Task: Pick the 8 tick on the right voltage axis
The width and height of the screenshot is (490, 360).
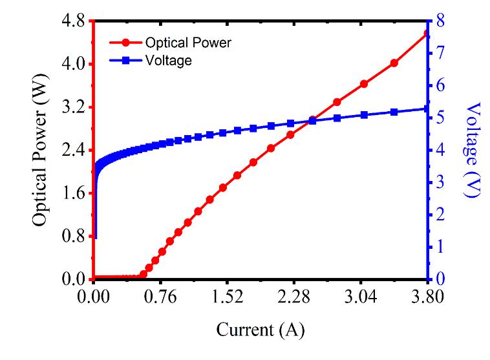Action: click(439, 21)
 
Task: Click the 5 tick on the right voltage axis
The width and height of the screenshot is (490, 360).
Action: click(439, 118)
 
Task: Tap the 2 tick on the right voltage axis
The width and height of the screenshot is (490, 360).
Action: click(439, 215)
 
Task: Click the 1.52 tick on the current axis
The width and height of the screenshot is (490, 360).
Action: click(226, 298)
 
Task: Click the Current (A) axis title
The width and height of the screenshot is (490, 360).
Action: click(260, 330)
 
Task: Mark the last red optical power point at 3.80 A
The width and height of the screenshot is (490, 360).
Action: click(425, 33)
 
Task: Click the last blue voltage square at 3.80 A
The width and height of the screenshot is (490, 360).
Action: click(425, 109)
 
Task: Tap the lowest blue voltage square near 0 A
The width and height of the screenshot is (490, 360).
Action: click(95, 237)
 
